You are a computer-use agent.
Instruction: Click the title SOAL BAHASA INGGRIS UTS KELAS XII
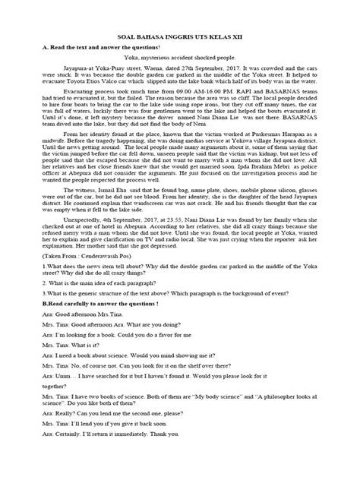tap(179, 36)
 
